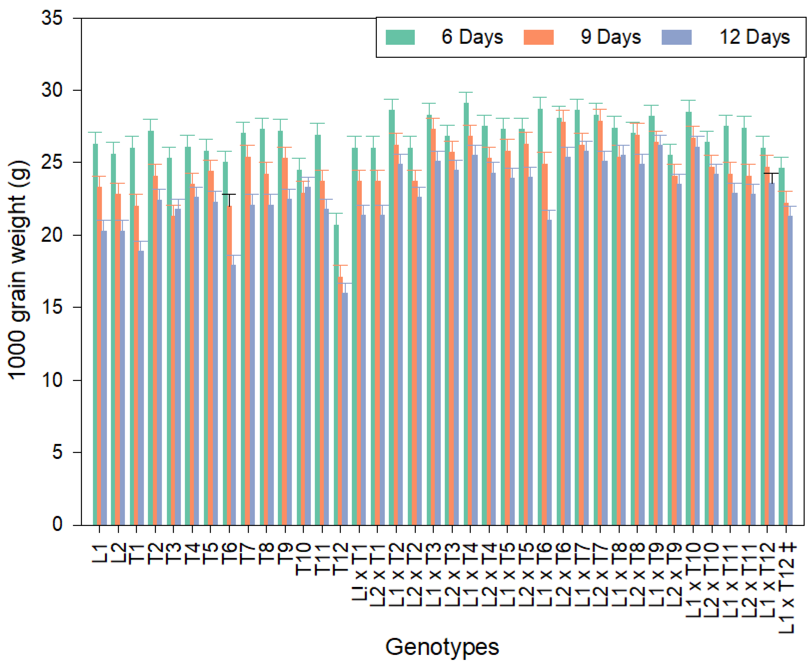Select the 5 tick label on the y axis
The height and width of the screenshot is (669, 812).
coord(57,452)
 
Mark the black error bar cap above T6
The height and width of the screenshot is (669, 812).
coord(229,195)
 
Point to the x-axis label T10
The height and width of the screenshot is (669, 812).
coord(303,559)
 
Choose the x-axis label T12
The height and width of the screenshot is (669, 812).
coord(340,559)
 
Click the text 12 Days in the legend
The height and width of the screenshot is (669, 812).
coord(754,37)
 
